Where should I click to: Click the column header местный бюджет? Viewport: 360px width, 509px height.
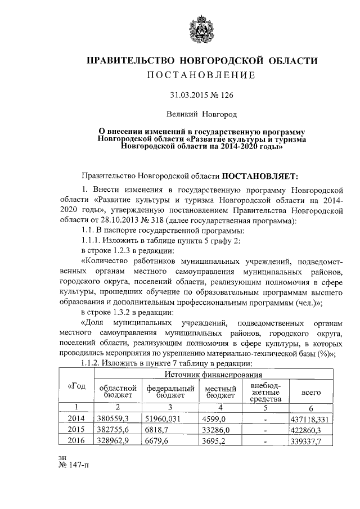pyautogui.click(x=220, y=391)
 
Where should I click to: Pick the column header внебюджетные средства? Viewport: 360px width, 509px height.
pyautogui.click(x=264, y=391)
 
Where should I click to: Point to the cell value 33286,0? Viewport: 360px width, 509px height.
pyautogui.click(x=216, y=430)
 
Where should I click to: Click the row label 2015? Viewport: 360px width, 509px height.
pyautogui.click(x=75, y=430)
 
